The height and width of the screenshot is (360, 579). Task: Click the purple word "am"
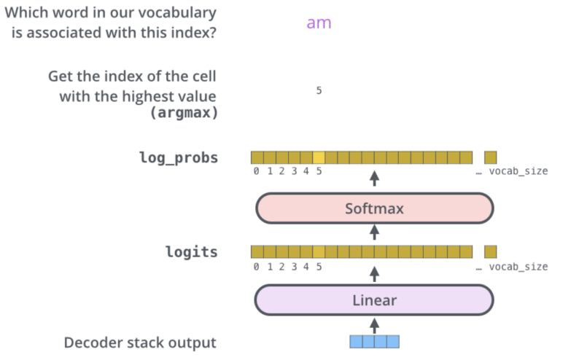[x=319, y=23]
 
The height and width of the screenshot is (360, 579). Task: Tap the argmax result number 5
[x=319, y=90]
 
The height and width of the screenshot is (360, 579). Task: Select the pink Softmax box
[x=374, y=209]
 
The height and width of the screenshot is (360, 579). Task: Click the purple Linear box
[x=374, y=300]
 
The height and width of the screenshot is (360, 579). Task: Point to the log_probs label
[x=178, y=157]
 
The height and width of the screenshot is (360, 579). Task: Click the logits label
[x=191, y=252]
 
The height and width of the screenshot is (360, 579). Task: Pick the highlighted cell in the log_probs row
[x=319, y=157]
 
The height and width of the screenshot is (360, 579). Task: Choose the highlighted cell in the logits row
[x=319, y=251]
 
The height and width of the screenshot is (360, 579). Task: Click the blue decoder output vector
[x=375, y=341]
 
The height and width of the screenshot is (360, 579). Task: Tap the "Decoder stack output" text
[x=140, y=343]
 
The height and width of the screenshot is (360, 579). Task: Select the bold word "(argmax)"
[x=184, y=112]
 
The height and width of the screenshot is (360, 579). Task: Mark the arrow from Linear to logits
[x=375, y=274]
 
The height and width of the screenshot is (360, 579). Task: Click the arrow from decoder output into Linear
[x=375, y=324]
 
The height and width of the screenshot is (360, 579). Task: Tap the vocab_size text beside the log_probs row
[x=518, y=172]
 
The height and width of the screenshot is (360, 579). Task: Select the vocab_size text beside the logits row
[x=518, y=267]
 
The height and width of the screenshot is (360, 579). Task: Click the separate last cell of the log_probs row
[x=490, y=157]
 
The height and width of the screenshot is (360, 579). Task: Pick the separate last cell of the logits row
[x=490, y=251]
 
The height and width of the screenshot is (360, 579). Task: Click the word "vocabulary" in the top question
[x=176, y=13]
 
